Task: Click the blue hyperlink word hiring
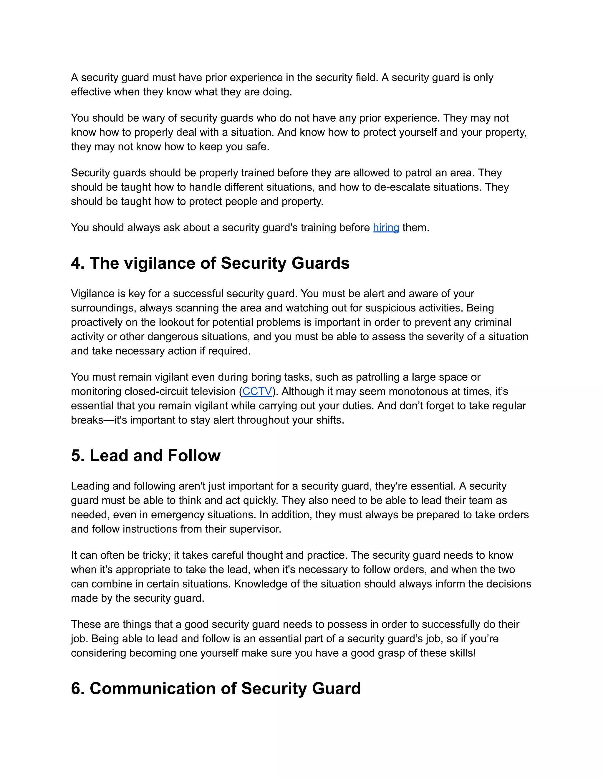coord(386,228)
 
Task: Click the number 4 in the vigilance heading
coord(75,263)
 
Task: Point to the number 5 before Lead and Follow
coord(75,456)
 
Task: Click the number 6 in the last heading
coord(75,688)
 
